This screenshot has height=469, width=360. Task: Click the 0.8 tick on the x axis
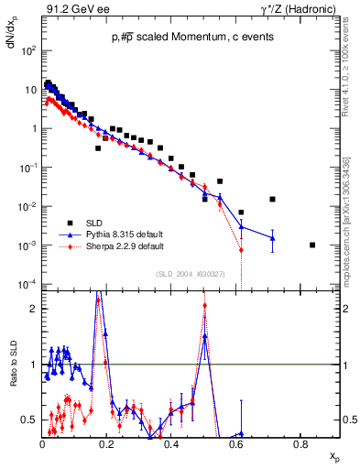tap(300, 445)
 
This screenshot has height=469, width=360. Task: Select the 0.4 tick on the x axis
tap(171, 445)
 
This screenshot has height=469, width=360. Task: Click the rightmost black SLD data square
tap(312, 245)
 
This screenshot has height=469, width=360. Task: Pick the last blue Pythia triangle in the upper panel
tap(272, 238)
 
